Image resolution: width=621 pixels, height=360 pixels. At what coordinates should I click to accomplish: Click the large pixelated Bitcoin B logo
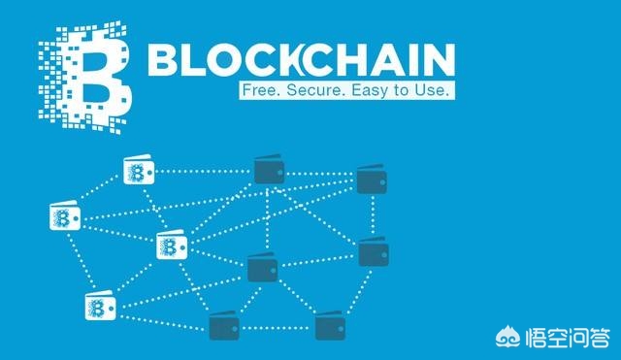click(85, 78)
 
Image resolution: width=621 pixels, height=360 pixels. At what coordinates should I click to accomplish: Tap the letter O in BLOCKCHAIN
click(224, 60)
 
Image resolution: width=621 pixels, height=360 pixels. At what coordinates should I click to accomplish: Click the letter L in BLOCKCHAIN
click(192, 60)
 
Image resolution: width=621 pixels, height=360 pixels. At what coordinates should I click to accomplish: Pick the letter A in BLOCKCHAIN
click(390, 60)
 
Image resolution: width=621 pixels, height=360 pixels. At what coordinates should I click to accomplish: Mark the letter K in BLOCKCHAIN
click(291, 60)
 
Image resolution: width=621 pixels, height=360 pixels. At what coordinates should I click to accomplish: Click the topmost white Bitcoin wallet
click(139, 170)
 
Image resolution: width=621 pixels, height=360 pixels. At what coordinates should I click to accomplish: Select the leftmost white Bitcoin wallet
click(65, 215)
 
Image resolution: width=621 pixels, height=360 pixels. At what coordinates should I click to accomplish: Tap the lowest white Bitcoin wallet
click(101, 306)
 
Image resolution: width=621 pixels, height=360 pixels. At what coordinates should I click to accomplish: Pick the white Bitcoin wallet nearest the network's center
click(172, 245)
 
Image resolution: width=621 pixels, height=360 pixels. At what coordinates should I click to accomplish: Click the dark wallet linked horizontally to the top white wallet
click(269, 169)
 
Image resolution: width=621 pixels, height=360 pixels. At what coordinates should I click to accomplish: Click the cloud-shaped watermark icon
click(508, 337)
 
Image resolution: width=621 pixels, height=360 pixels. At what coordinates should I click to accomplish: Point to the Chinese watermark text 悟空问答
click(567, 338)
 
